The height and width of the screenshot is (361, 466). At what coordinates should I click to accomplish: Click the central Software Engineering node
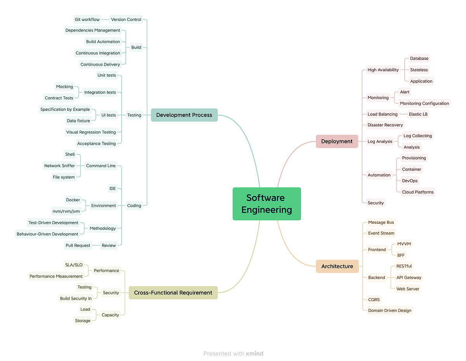[x=266, y=204]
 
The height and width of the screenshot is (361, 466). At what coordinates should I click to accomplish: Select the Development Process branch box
[x=184, y=115]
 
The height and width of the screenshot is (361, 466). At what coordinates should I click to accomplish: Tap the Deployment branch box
[x=337, y=141]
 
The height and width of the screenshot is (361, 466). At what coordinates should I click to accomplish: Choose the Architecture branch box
[x=337, y=266]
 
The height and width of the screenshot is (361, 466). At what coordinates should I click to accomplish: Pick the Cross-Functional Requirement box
[x=173, y=293]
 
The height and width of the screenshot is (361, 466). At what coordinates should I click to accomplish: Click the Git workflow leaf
[x=87, y=19]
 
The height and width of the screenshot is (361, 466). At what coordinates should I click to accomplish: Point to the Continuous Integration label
[x=98, y=53]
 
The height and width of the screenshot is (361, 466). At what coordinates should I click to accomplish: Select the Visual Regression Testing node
[x=91, y=132]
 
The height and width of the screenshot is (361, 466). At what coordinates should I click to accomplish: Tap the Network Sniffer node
[x=59, y=166]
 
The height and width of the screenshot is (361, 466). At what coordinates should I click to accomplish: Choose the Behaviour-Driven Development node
[x=47, y=234]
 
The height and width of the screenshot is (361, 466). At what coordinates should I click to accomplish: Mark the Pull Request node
[x=78, y=246]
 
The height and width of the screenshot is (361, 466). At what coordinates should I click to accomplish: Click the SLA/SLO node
[x=73, y=265]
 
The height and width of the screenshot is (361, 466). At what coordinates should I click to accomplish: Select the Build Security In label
[x=76, y=298]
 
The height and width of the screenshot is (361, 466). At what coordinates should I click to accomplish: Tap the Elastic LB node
[x=418, y=114]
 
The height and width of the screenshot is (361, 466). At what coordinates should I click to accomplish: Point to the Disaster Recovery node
[x=385, y=125]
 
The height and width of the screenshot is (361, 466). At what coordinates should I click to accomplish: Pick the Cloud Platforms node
[x=418, y=192]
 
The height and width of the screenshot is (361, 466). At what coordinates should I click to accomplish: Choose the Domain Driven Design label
[x=389, y=310]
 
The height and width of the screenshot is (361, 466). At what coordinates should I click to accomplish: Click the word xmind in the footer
[x=255, y=354]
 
